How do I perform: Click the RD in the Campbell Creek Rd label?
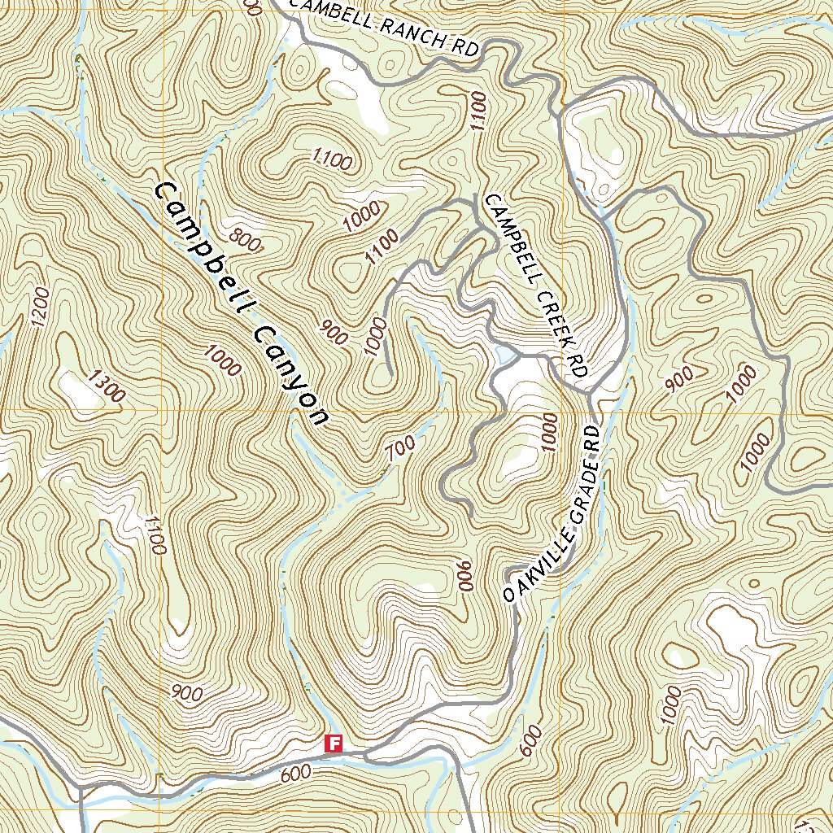(x=578, y=364)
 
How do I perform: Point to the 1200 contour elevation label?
(x=38, y=307)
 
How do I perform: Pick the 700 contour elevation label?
(x=401, y=449)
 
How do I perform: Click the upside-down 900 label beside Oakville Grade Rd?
(x=465, y=577)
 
